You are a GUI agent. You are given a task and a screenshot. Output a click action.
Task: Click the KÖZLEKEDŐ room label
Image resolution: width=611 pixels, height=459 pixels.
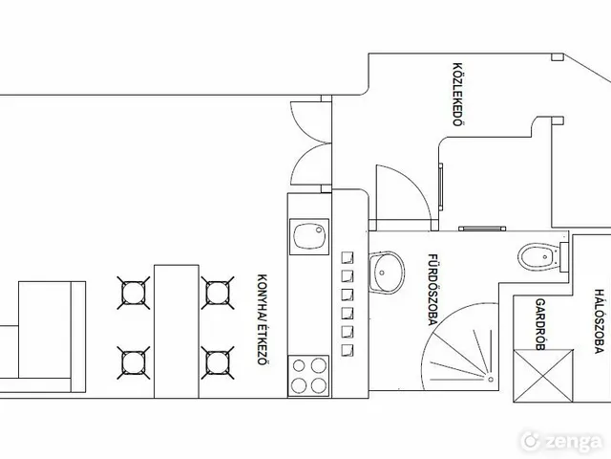458,94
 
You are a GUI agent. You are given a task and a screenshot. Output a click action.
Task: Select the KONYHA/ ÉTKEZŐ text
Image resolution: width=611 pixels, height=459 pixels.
263,319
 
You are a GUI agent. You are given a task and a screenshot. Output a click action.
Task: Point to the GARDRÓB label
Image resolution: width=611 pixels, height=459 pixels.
540,324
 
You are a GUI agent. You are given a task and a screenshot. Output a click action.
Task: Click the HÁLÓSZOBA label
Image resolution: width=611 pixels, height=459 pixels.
599,321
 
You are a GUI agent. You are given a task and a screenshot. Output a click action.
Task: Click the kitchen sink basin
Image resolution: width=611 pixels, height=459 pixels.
308,236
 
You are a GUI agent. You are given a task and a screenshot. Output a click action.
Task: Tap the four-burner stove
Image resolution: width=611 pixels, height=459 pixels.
308,376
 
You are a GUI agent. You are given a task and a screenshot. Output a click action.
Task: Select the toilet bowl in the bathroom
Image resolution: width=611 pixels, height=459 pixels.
538,256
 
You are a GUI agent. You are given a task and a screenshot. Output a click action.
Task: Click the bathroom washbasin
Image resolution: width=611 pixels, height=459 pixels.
387,272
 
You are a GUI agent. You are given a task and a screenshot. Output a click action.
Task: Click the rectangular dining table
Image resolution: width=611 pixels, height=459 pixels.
177,332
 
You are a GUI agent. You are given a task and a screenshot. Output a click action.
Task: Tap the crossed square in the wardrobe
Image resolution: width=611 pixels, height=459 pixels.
543,376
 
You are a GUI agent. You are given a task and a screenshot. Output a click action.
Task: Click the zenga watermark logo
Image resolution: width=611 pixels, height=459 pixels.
561,442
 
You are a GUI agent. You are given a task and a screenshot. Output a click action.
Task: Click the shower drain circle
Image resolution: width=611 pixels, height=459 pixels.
491,379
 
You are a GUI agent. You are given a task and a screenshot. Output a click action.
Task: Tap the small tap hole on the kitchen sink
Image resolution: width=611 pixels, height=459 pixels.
319,229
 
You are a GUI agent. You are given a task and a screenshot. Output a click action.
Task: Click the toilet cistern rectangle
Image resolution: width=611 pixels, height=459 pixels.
564,257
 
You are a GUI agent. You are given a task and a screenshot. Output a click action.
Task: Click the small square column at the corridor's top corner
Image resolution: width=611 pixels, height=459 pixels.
558,57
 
